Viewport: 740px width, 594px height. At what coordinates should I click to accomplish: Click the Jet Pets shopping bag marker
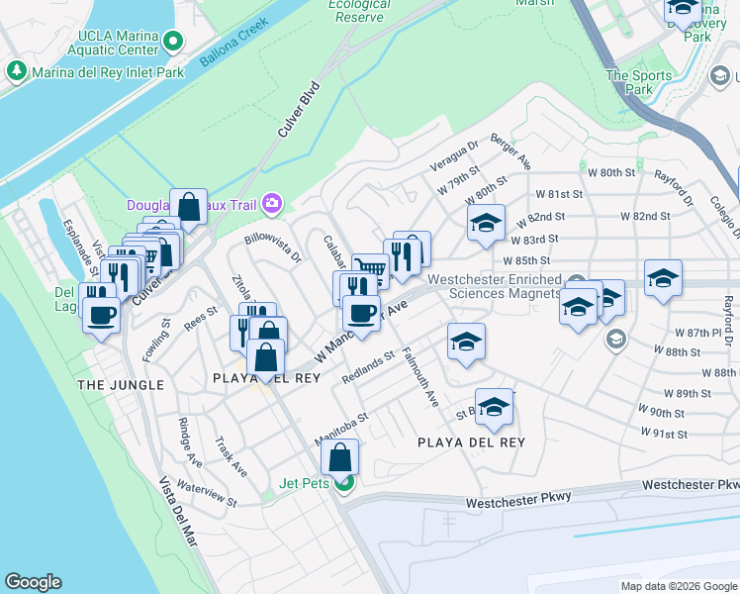point(339,457)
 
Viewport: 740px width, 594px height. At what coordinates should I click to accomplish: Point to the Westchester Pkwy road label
point(690,485)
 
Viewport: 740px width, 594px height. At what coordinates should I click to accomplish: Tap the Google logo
point(33,582)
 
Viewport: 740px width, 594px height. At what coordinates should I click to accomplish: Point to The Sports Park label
point(629,82)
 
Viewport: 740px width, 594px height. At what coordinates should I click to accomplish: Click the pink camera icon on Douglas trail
point(271,205)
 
